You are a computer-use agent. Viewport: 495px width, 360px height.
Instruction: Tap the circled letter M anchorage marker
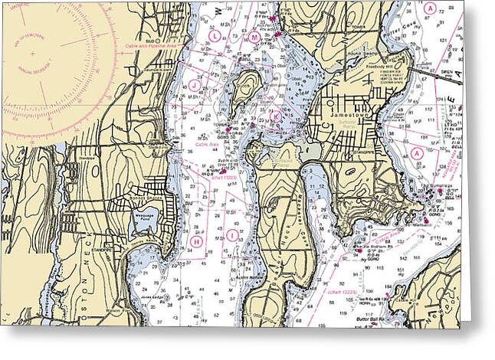(x=254, y=37)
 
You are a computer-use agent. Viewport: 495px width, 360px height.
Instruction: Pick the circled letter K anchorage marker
(x=275, y=116)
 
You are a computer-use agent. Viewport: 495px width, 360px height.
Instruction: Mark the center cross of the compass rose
(x=34, y=54)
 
